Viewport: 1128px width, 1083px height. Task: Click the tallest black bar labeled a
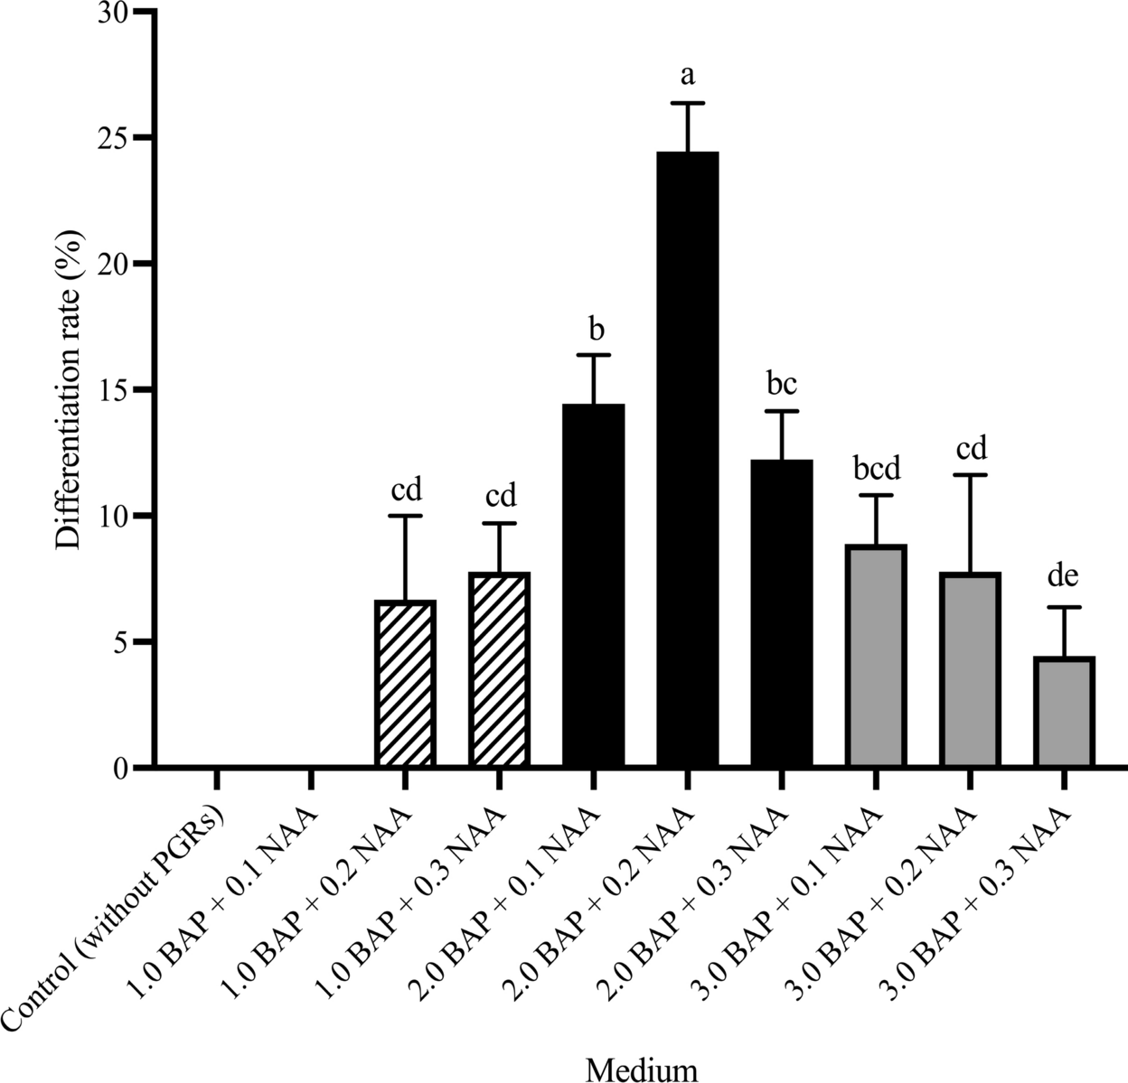pos(688,461)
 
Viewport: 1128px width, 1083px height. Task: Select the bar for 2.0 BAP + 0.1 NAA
pos(594,586)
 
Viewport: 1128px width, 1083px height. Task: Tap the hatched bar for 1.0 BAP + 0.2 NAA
pos(406,685)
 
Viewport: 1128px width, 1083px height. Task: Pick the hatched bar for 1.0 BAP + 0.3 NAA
pos(500,671)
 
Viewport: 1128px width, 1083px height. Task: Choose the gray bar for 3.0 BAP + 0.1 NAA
pos(876,657)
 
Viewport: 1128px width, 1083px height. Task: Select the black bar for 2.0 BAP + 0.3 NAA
pos(782,614)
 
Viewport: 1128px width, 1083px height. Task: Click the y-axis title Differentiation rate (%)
pos(68,390)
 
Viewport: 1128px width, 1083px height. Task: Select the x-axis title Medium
pos(642,1069)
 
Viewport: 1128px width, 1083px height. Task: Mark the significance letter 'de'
pos(1064,575)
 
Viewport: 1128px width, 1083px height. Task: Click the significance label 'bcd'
pos(876,469)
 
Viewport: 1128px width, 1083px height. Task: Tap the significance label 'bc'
pos(782,383)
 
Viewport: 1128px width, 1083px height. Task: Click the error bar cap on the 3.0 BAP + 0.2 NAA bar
pos(970,475)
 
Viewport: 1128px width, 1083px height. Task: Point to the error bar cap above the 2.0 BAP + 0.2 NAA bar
pos(688,104)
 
